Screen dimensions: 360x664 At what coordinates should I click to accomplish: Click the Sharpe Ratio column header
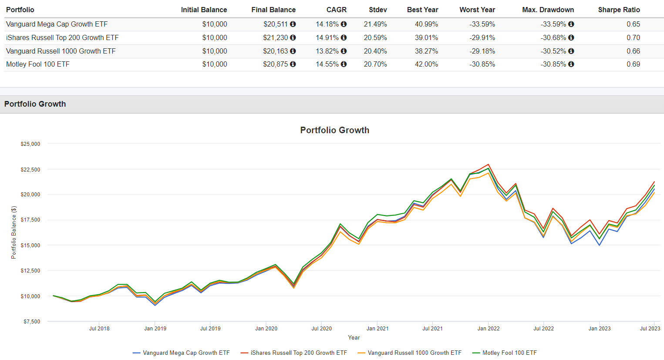pyautogui.click(x=619, y=10)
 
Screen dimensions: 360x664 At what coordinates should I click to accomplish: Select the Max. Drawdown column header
pyautogui.click(x=548, y=10)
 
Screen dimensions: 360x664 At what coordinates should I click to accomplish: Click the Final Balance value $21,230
pyautogui.click(x=275, y=38)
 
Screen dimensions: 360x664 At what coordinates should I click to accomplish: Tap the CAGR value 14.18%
pyautogui.click(x=327, y=24)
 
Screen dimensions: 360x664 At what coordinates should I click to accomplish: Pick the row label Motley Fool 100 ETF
pyautogui.click(x=38, y=64)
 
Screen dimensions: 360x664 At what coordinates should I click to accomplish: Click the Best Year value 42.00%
pyautogui.click(x=426, y=64)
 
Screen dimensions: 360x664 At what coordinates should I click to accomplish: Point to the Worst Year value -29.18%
pyautogui.click(x=482, y=51)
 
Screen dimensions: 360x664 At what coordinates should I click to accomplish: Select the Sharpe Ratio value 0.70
pyautogui.click(x=633, y=38)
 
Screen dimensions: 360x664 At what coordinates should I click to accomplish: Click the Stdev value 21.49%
pyautogui.click(x=375, y=24)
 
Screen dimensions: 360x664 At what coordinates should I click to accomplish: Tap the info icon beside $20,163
pyautogui.click(x=293, y=51)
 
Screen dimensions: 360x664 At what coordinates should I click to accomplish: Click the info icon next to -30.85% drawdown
pyautogui.click(x=571, y=64)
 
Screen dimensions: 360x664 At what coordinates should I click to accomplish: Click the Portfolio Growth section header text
pyautogui.click(x=35, y=104)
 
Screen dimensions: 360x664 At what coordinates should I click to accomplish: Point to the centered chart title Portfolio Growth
pyautogui.click(x=334, y=130)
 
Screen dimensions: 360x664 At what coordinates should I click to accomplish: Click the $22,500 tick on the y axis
pyautogui.click(x=30, y=170)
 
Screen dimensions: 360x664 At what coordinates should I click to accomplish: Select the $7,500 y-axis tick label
pyautogui.click(x=32, y=322)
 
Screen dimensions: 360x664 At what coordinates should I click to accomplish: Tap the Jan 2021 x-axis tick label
pyautogui.click(x=377, y=329)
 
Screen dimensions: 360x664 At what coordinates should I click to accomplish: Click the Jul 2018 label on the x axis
pyautogui.click(x=99, y=329)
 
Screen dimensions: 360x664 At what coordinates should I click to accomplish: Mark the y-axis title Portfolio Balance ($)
pyautogui.click(x=13, y=232)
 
